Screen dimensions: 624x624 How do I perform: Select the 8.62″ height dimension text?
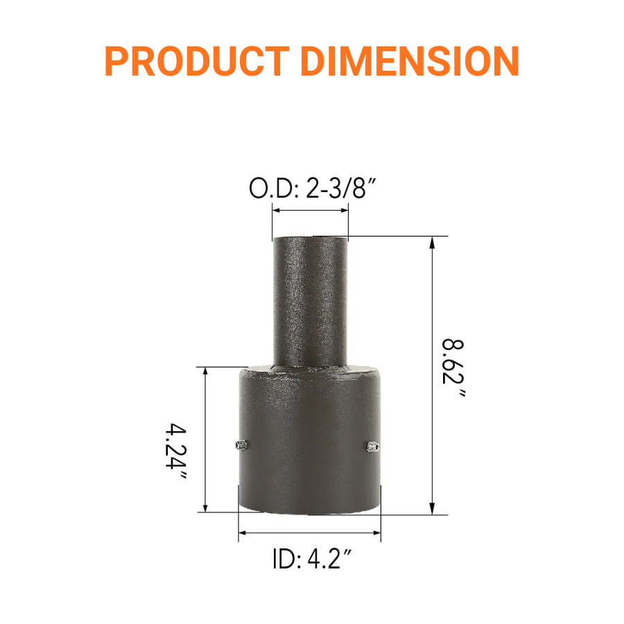coord(453,368)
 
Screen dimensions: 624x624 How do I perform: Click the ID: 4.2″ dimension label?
coord(309,559)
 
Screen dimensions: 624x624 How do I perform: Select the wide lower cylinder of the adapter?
coord(309,444)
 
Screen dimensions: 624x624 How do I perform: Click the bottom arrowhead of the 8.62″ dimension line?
coord(433,510)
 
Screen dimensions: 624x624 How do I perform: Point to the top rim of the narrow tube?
coord(310,238)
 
